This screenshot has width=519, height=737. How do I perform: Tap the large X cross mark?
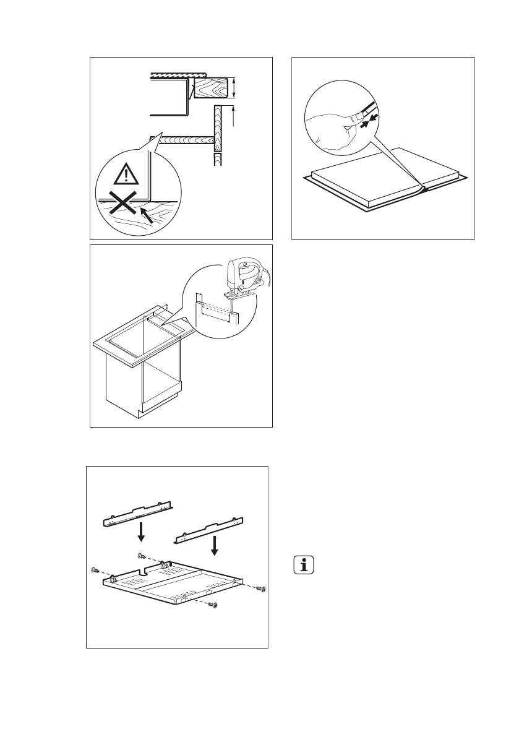[121, 204]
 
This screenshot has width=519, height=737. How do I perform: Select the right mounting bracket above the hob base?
[212, 530]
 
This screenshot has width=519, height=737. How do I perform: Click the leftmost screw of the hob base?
[95, 569]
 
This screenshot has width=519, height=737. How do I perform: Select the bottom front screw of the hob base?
[213, 604]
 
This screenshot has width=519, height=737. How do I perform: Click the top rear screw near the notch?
[142, 554]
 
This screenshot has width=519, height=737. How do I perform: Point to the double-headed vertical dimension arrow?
[234, 87]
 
